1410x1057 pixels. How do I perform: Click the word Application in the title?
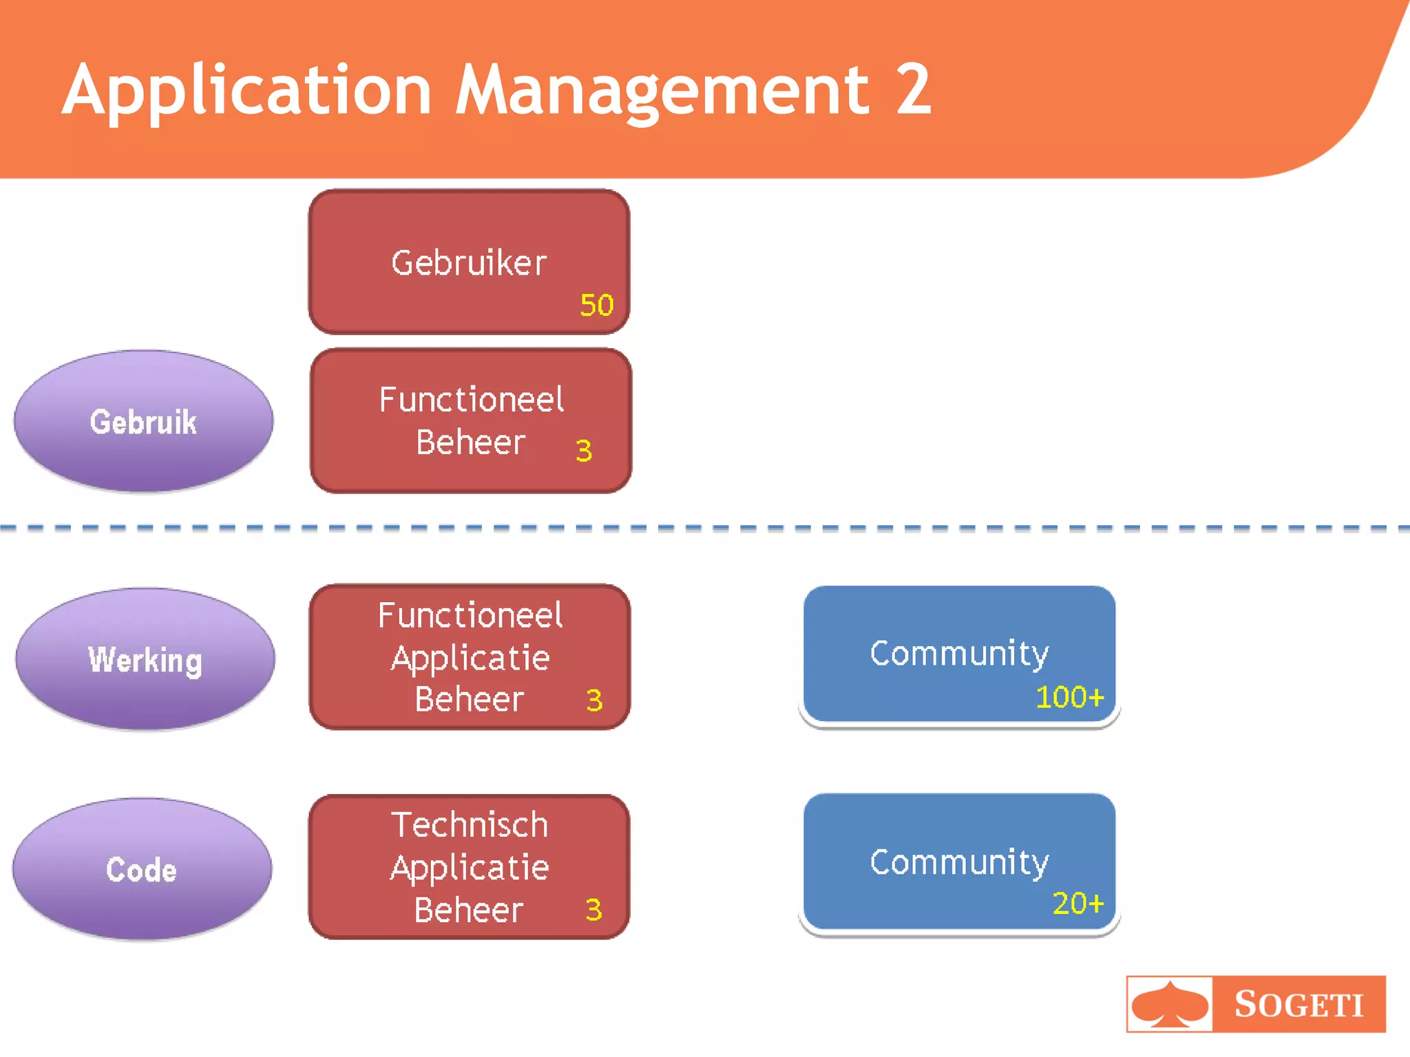[246, 89]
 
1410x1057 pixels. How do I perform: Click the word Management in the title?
[662, 89]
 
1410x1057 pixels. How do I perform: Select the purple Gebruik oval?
[143, 421]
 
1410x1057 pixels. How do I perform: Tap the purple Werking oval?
[145, 659]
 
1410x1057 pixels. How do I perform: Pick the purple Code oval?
[142, 870]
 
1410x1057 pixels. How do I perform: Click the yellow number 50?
[596, 305]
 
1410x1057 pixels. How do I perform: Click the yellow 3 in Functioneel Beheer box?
[584, 451]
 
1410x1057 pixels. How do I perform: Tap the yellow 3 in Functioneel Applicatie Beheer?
[594, 701]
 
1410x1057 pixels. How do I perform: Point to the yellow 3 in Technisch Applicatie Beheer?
[593, 910]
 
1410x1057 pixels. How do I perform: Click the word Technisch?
[470, 824]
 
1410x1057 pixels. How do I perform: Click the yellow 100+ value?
[1069, 697]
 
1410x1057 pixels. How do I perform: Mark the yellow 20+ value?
[1077, 903]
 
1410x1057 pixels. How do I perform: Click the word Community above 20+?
[959, 862]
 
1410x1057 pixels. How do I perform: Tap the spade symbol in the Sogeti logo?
[1170, 1004]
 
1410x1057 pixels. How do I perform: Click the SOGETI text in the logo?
[1298, 1004]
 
